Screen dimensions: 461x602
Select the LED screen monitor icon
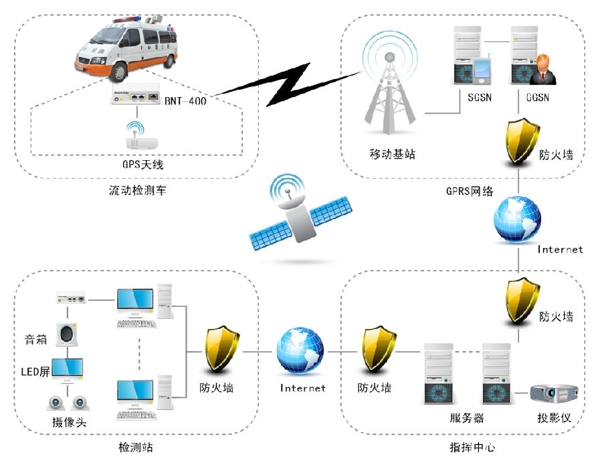click(x=67, y=369)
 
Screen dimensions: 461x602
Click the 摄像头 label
click(x=70, y=422)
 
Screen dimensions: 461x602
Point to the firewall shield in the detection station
click(x=222, y=348)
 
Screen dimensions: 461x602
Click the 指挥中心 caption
click(x=473, y=447)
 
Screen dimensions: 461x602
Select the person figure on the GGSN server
click(x=542, y=70)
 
